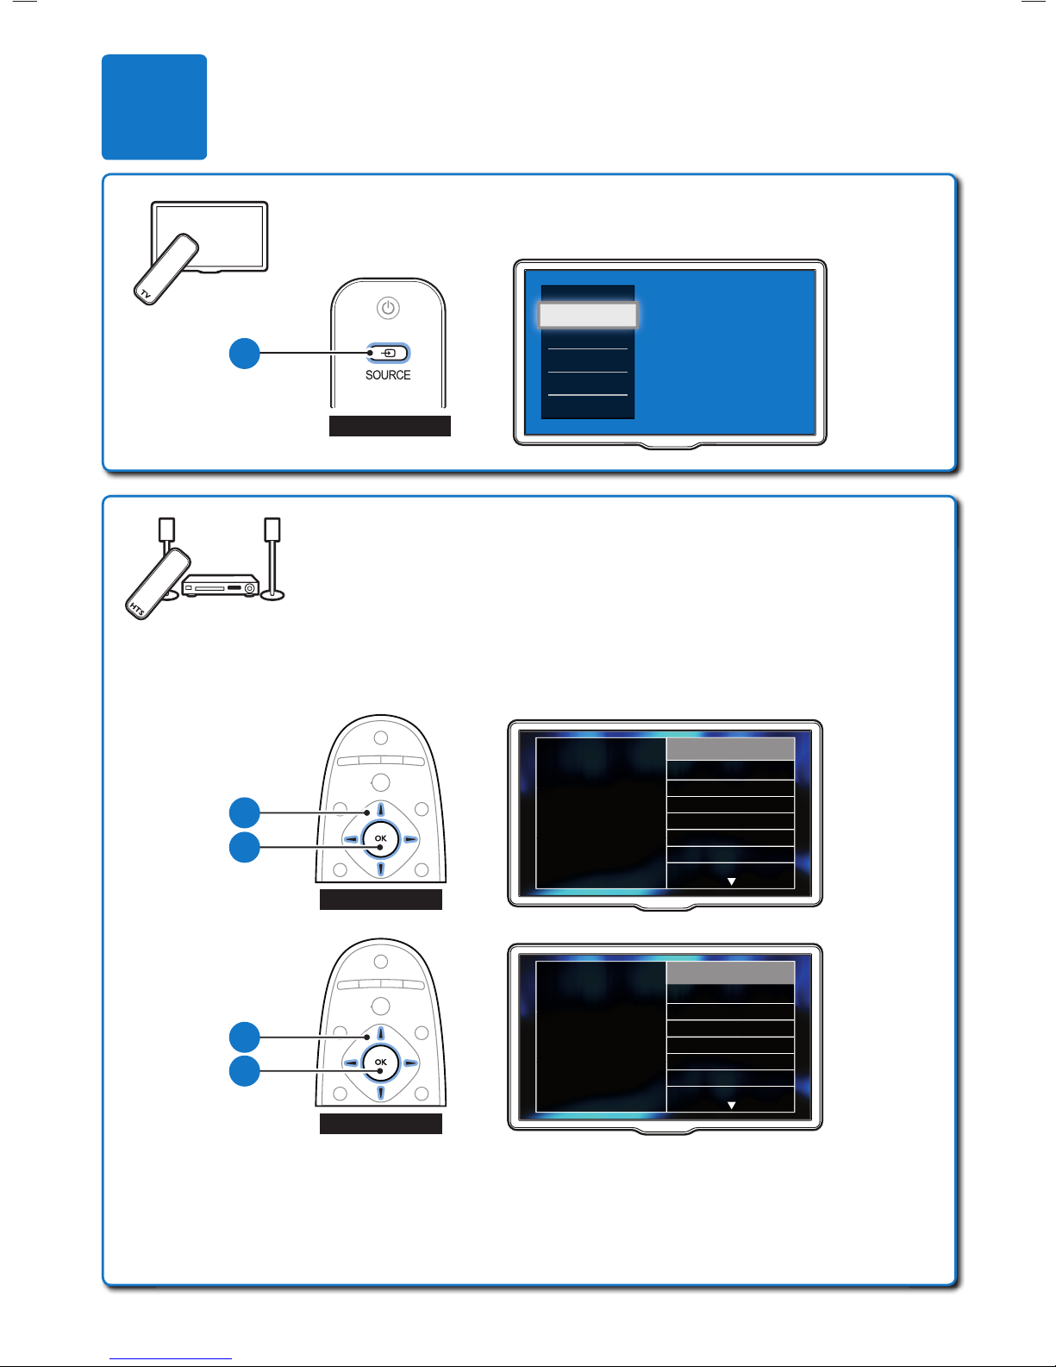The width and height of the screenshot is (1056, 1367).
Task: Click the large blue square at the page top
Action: pyautogui.click(x=154, y=107)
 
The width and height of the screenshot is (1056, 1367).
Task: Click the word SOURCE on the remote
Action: pyautogui.click(x=388, y=375)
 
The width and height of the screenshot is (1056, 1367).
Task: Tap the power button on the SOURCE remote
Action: pyautogui.click(x=388, y=308)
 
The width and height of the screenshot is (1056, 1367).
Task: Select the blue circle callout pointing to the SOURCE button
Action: pyautogui.click(x=245, y=353)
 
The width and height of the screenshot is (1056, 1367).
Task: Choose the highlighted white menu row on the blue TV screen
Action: pyautogui.click(x=588, y=315)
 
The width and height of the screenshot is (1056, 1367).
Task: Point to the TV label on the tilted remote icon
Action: pyautogui.click(x=146, y=293)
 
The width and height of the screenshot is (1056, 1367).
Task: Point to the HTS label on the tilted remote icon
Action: pyautogui.click(x=137, y=608)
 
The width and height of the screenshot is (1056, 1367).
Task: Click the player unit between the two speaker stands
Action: pyautogui.click(x=221, y=586)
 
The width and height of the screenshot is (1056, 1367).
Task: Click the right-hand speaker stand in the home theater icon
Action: pyautogui.click(x=272, y=559)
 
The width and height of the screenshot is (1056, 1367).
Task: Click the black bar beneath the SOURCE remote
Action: pyautogui.click(x=390, y=426)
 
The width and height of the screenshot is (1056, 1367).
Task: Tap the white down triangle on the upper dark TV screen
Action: pyautogui.click(x=731, y=881)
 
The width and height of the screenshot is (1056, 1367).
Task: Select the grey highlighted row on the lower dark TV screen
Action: pyautogui.click(x=730, y=973)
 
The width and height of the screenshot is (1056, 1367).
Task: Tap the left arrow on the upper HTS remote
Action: pyautogui.click(x=352, y=839)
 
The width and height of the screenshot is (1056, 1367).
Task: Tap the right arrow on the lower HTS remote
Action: pyautogui.click(x=409, y=1063)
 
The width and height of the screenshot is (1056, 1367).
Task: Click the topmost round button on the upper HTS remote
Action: pyautogui.click(x=381, y=737)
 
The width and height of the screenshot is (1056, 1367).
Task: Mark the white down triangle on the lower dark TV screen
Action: pyautogui.click(x=731, y=1106)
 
